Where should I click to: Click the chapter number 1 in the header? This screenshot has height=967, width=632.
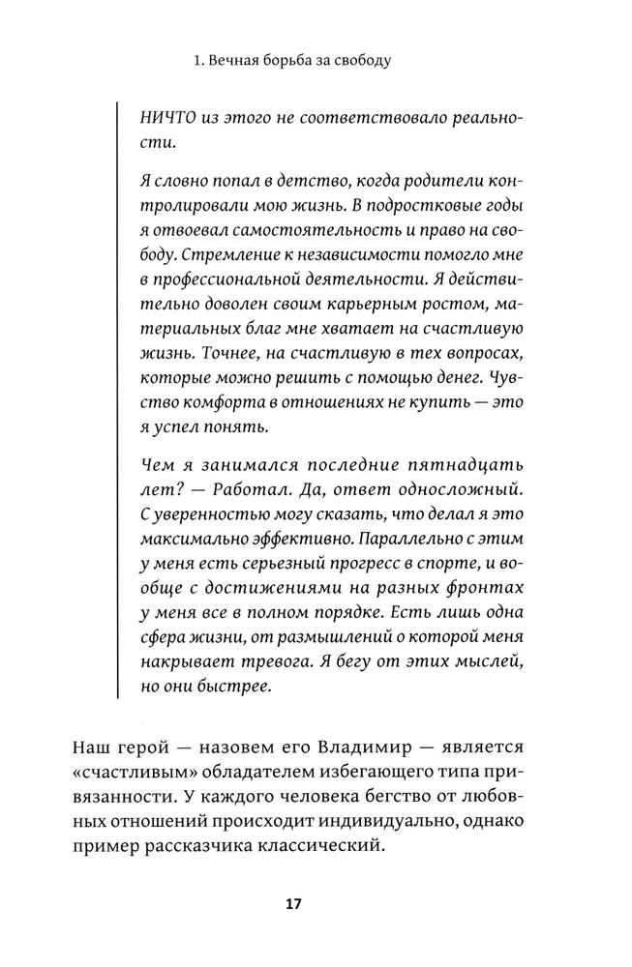(x=196, y=60)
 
